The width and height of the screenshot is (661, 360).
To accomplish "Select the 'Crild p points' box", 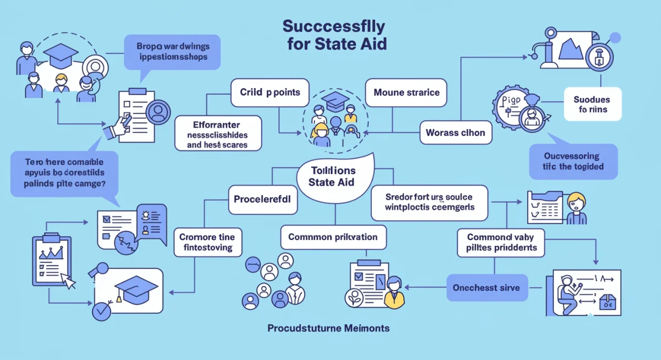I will (x=270, y=92).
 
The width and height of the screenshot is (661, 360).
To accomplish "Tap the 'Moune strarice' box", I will (x=407, y=92).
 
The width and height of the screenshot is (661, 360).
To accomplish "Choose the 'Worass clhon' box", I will (x=455, y=133).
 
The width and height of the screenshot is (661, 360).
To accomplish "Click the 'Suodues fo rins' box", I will (x=593, y=105).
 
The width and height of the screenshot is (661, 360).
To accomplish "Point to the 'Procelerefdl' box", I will (x=263, y=199).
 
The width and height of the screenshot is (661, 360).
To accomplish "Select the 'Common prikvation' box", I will (x=333, y=237).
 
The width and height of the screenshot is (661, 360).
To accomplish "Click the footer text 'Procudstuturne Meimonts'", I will (x=328, y=328).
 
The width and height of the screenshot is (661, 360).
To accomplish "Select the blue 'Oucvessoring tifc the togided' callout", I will (x=573, y=161).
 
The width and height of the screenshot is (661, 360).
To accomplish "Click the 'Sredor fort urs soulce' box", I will (x=429, y=202).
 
